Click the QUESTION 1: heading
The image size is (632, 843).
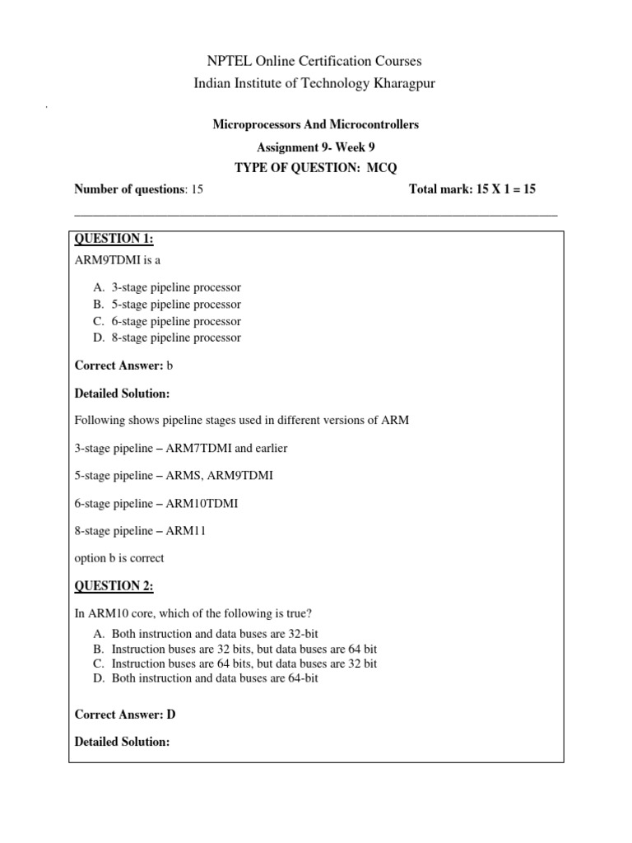point(114,239)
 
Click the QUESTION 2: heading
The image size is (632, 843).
point(114,585)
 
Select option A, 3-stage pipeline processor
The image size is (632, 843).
point(176,287)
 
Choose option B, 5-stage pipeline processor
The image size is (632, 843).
point(176,305)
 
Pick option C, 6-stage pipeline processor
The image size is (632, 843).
point(176,321)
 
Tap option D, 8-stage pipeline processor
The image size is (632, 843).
point(176,338)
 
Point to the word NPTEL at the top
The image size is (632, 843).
point(234,61)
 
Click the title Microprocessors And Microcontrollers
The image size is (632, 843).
point(316,124)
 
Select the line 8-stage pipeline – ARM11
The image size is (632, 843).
point(140,531)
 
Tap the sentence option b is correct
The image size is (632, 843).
point(119,558)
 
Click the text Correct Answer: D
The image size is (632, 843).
point(125,715)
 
